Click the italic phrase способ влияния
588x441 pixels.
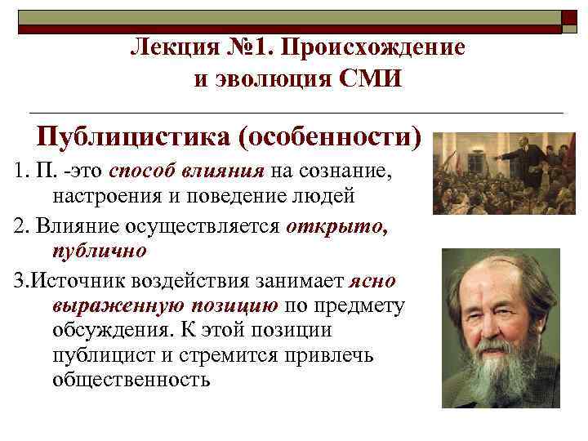click(186, 171)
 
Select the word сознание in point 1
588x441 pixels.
click(342, 171)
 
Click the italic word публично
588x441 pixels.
click(100, 249)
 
